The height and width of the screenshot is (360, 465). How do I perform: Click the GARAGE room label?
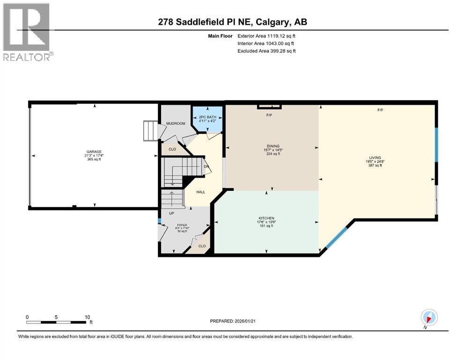pyautogui.click(x=93, y=151)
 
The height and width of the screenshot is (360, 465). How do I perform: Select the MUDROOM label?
pyautogui.click(x=176, y=124)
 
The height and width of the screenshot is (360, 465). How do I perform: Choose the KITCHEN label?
pyautogui.click(x=266, y=218)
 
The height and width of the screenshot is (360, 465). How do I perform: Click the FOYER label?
pyautogui.click(x=182, y=225)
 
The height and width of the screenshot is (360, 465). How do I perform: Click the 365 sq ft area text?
pyautogui.click(x=93, y=159)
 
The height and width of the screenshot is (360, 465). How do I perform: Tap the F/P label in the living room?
pyautogui.click(x=381, y=110)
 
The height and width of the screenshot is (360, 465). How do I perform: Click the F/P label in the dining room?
pyautogui.click(x=269, y=115)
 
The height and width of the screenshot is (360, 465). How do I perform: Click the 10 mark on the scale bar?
pyautogui.click(x=87, y=317)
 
